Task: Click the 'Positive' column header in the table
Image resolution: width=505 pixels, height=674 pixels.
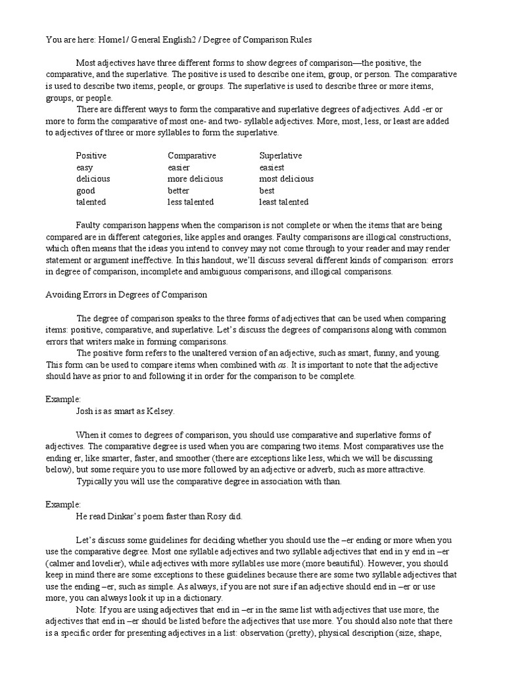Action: point(91,156)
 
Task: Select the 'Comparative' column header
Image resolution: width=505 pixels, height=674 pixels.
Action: point(191,156)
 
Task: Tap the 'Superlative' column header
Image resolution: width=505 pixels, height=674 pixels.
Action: point(281,156)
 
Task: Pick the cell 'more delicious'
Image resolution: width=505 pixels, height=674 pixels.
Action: point(195,179)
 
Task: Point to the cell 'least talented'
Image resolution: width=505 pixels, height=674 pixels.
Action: point(283,202)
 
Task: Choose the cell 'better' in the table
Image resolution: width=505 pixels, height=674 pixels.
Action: point(178,191)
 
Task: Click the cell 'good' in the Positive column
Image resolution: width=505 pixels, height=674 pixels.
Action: point(85,191)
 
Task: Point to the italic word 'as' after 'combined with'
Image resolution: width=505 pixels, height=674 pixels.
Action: point(280,365)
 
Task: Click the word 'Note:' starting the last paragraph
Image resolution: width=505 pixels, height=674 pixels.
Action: point(87,610)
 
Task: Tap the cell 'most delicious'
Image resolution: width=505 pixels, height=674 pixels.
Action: point(286,179)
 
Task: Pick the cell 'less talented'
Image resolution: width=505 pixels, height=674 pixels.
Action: point(191,202)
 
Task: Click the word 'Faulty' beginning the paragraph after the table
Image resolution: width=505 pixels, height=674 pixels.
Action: point(89,225)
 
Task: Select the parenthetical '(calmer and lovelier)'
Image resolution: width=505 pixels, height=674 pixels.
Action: point(83,565)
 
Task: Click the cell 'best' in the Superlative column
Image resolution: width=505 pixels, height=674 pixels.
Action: point(267,191)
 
